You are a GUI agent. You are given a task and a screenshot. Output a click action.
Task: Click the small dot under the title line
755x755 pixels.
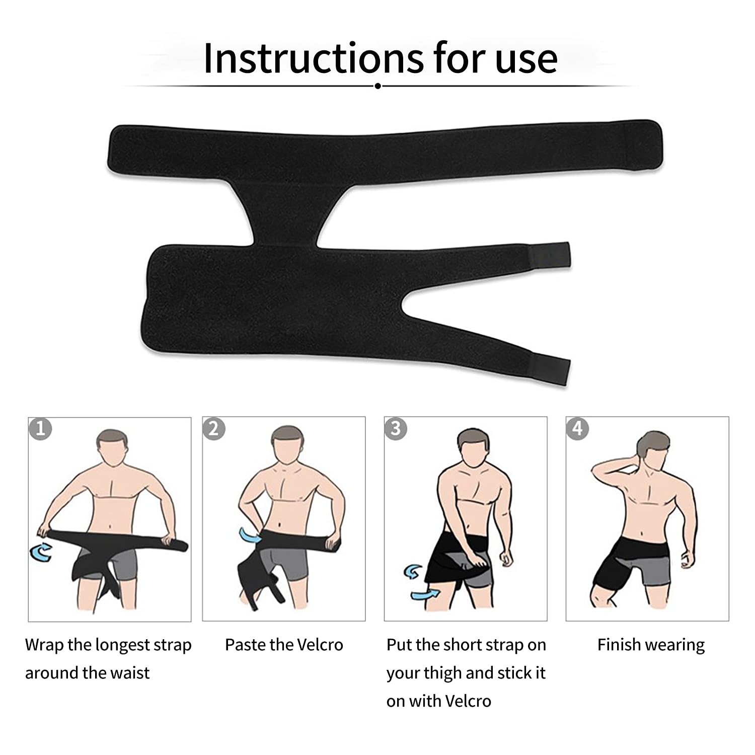377,86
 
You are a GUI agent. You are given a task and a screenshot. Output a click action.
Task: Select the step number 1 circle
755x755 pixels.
40,428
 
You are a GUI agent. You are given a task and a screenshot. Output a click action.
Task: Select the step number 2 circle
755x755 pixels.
214,428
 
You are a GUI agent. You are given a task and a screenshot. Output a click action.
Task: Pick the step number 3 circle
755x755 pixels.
396,428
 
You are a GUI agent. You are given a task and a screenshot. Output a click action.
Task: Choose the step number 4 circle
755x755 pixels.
577,428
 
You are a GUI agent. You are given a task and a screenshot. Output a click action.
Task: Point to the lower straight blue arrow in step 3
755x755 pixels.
424,594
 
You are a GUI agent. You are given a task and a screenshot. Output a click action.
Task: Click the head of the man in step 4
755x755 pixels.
654,450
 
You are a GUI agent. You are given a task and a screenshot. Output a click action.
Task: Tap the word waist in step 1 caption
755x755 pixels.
129,673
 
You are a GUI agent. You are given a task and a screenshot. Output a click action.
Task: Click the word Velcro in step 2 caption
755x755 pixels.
320,645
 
